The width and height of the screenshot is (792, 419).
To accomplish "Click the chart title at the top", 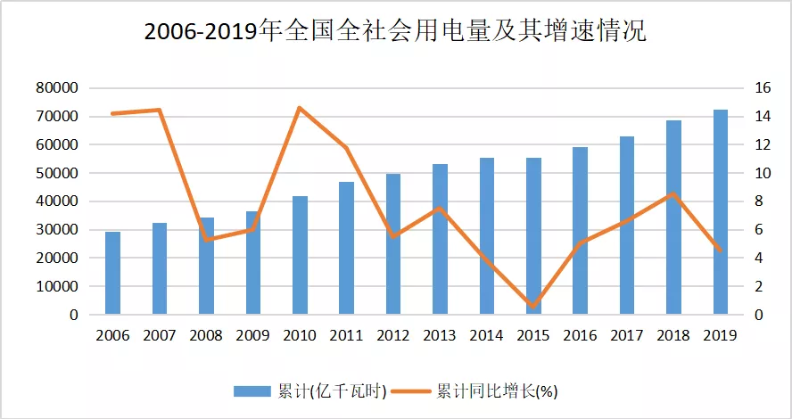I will [x=395, y=34].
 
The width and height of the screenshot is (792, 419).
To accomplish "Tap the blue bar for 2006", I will [x=112, y=273].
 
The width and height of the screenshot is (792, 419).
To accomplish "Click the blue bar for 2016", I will [x=580, y=231].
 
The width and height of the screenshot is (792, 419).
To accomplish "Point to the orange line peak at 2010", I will [x=299, y=108].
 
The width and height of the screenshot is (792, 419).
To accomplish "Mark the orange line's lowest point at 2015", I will [x=532, y=307].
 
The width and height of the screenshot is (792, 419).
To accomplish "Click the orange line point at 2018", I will [x=673, y=193].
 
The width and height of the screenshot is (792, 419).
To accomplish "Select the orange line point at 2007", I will [x=159, y=110].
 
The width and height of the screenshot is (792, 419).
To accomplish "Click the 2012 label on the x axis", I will [x=392, y=336].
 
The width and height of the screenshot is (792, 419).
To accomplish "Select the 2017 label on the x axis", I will [x=626, y=336].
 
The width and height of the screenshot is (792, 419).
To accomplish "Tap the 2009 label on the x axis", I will [x=252, y=336].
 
